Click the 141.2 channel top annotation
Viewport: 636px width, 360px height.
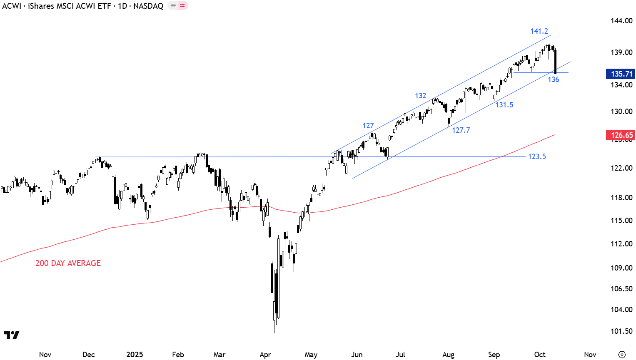(x=539, y=31)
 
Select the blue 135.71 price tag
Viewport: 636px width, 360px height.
(x=621, y=74)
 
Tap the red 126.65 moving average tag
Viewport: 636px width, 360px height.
(x=621, y=135)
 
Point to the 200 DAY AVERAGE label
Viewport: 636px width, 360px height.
(x=68, y=263)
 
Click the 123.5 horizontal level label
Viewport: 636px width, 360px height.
(x=537, y=156)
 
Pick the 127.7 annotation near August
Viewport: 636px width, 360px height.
(x=461, y=130)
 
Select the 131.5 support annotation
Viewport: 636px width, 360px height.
(x=504, y=105)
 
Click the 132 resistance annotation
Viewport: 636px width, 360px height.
(x=420, y=96)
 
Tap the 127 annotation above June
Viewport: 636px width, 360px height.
(x=368, y=126)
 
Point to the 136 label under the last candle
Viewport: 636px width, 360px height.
(x=553, y=79)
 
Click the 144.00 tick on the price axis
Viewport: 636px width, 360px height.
(x=621, y=21)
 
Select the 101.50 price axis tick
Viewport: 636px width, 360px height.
(x=621, y=331)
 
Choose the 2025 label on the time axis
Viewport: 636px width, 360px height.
(x=135, y=355)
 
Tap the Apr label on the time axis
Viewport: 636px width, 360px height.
(x=265, y=355)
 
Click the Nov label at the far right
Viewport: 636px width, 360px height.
(x=590, y=355)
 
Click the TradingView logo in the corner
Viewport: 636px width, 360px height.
(x=11, y=335)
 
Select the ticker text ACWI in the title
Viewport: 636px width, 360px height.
(x=11, y=6)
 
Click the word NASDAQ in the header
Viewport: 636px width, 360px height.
(x=148, y=6)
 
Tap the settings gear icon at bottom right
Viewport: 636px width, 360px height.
(x=622, y=355)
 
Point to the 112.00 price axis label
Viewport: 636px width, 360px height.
(x=621, y=244)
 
